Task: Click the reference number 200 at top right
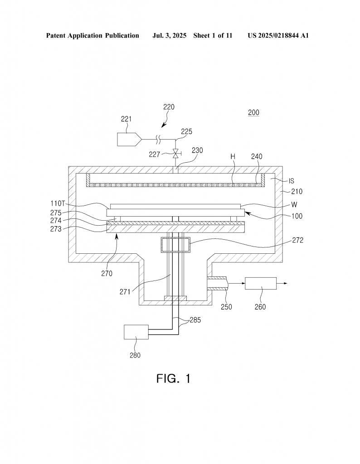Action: [x=253, y=112]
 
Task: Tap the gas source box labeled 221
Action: [x=129, y=140]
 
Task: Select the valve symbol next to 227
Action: [x=176, y=153]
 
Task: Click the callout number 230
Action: [x=197, y=150]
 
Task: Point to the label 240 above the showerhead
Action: [x=256, y=156]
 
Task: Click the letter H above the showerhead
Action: [x=233, y=156]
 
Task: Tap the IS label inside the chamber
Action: [x=292, y=181]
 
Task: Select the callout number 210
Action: [x=297, y=192]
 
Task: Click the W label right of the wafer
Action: [x=294, y=204]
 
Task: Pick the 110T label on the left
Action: [x=58, y=203]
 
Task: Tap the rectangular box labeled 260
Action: [x=261, y=284]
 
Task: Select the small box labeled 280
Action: [x=136, y=332]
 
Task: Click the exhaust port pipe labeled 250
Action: [x=217, y=283]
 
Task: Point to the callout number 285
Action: [x=195, y=320]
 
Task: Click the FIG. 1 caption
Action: [x=174, y=378]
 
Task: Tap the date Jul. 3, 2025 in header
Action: [x=169, y=35]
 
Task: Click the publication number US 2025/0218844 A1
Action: [x=278, y=35]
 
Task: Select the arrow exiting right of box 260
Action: [x=282, y=284]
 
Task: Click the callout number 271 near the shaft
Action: [x=125, y=292]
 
